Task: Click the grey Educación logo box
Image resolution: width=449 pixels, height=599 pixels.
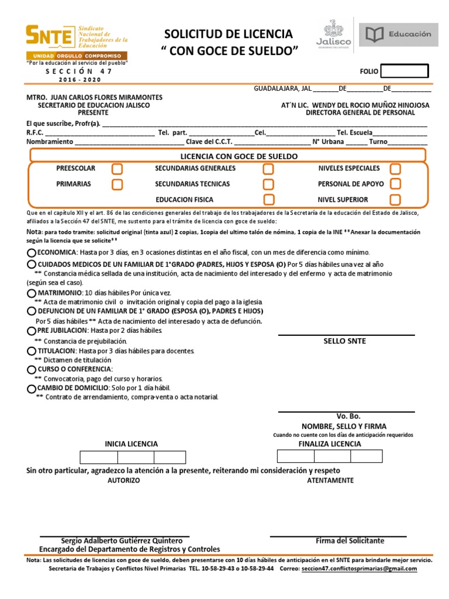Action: (x=399, y=35)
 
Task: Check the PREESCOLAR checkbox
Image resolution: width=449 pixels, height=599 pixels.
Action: (x=118, y=169)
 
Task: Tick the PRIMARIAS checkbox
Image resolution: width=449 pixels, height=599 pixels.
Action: (x=118, y=184)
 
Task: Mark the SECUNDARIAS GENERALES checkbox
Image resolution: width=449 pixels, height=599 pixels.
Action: (x=268, y=169)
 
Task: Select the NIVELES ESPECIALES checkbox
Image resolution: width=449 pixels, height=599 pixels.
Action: (x=395, y=169)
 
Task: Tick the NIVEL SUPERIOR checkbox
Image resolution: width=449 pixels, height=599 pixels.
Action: (x=395, y=200)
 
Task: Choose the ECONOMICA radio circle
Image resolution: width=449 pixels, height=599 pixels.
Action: (x=32, y=253)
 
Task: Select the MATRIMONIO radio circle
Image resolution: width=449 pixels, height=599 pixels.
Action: (x=32, y=292)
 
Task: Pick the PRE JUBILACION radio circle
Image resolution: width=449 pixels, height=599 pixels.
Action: (x=32, y=331)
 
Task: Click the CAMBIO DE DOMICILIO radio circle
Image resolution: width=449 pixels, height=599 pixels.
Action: (x=32, y=388)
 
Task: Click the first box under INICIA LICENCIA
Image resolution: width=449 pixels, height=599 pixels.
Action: (x=99, y=457)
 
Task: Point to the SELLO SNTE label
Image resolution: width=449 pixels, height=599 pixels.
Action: (x=345, y=342)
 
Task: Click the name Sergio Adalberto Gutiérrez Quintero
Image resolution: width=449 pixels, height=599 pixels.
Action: (x=118, y=541)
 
